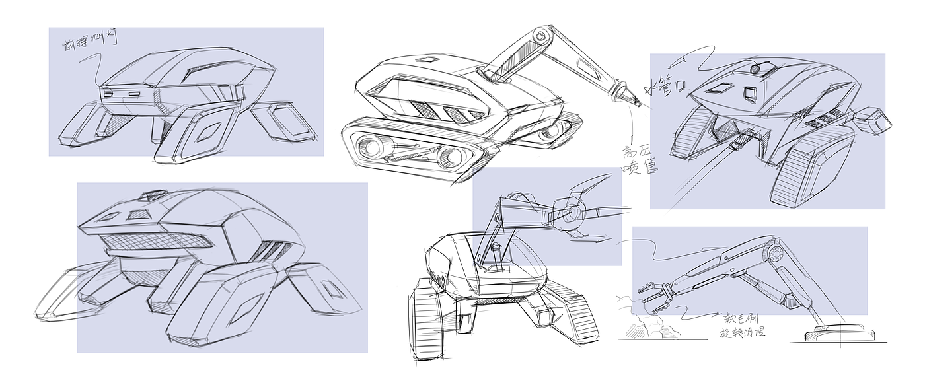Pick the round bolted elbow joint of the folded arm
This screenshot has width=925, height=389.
[x=774, y=252]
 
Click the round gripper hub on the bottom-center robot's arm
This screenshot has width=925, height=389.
[x=571, y=213]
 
